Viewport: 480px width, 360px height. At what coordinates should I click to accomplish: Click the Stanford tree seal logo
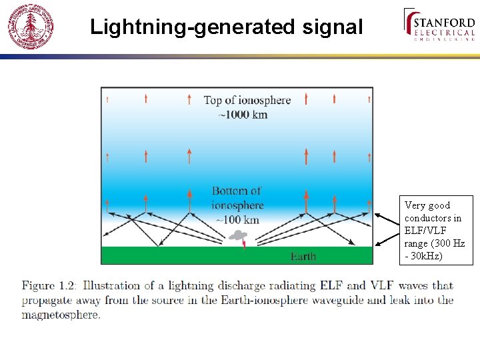[31, 27]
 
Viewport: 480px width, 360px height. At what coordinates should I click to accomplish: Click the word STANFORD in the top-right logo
[444, 23]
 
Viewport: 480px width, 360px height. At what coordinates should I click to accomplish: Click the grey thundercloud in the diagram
[238, 235]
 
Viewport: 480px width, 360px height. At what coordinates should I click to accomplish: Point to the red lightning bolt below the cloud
[244, 244]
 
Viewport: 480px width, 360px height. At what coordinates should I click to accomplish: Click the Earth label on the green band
[303, 257]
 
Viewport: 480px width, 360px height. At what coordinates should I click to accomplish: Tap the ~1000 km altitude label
[243, 115]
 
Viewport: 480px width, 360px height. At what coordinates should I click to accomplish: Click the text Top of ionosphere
[247, 101]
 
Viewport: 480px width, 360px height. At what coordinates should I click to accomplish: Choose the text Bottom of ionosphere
[237, 198]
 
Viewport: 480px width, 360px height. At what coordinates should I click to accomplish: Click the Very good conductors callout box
[436, 230]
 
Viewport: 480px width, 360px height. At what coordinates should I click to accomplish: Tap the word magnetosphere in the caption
[61, 315]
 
